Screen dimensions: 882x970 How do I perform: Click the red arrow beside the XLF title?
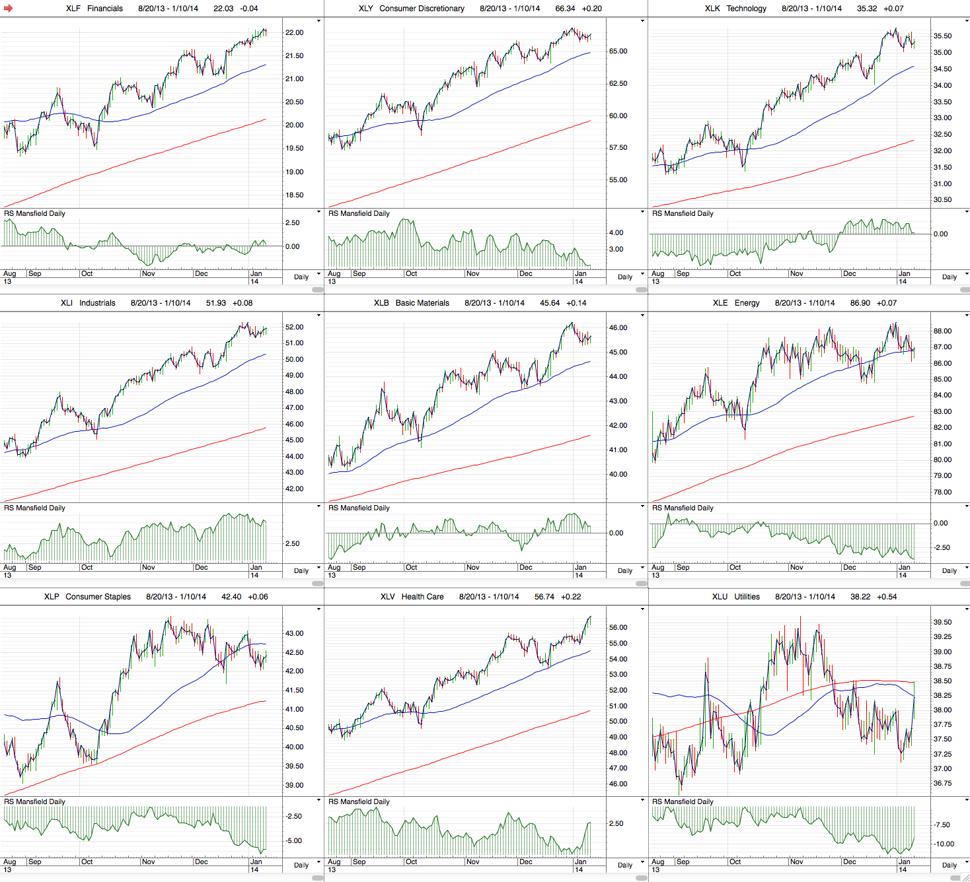pyautogui.click(x=9, y=9)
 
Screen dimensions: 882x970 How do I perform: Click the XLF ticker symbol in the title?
pyautogui.click(x=73, y=9)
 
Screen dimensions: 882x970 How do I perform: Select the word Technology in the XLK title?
pyautogui.click(x=746, y=9)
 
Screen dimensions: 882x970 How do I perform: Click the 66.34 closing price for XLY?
pyautogui.click(x=565, y=9)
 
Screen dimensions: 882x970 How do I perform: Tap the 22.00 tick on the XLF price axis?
pyautogui.click(x=294, y=33)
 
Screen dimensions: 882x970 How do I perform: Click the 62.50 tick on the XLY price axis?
pyautogui.click(x=618, y=84)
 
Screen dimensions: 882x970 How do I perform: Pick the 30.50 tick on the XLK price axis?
pyautogui.click(x=942, y=200)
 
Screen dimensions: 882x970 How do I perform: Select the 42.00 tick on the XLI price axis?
pyautogui.click(x=294, y=489)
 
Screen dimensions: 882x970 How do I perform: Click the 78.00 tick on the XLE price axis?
pyautogui.click(x=942, y=492)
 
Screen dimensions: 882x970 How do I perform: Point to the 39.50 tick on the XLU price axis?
pyautogui.click(x=942, y=623)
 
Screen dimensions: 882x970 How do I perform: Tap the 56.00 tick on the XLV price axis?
pyautogui.click(x=618, y=628)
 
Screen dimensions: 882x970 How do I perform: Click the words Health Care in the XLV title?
pyautogui.click(x=422, y=597)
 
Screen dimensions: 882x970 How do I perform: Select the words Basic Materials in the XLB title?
pyautogui.click(x=422, y=303)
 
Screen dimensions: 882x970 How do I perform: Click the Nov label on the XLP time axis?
pyautogui.click(x=148, y=862)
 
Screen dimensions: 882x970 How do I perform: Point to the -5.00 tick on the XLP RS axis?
pyautogui.click(x=293, y=841)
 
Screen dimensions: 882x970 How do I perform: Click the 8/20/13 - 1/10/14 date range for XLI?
pyautogui.click(x=161, y=303)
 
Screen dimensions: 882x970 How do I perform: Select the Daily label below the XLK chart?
pyautogui.click(x=949, y=277)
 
